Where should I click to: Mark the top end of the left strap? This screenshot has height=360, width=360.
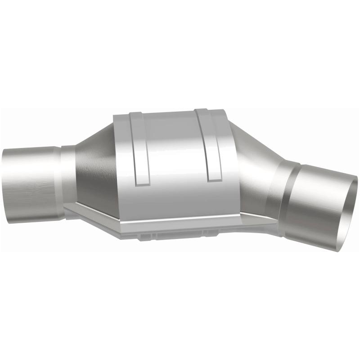click(x=133, y=114)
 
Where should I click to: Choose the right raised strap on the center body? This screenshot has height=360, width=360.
click(x=209, y=144)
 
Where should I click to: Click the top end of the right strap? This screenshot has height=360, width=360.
click(x=202, y=111)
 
